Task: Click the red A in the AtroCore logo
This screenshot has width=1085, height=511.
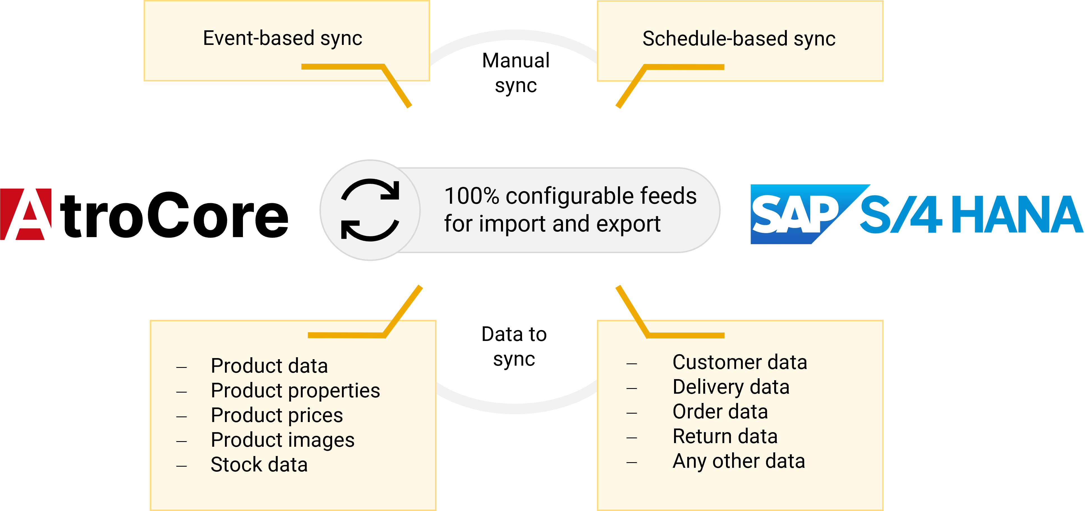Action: [26, 214]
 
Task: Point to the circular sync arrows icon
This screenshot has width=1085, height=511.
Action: [370, 210]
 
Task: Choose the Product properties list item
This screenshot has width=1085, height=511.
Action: [295, 391]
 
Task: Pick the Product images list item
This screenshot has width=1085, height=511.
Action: [283, 441]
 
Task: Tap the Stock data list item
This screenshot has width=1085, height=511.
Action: [259, 465]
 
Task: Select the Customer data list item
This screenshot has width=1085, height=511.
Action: [740, 362]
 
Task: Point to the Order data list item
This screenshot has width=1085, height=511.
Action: [720, 412]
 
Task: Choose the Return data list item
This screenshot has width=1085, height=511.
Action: [725, 436]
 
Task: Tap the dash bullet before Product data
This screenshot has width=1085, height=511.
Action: [181, 368]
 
